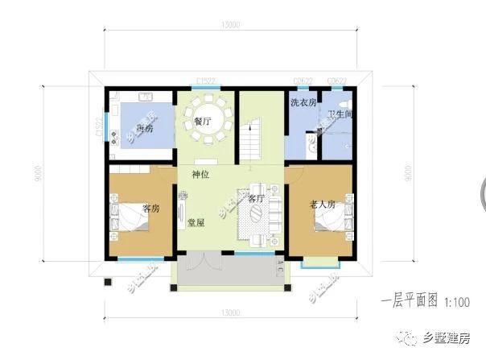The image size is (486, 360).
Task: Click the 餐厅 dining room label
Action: (203, 121)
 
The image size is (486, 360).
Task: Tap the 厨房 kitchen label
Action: (146, 129)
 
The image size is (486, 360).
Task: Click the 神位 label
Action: (201, 174)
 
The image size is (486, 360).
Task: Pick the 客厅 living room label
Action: (256, 197)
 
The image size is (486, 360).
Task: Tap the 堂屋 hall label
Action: (196, 222)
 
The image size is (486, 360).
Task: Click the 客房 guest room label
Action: (151, 208)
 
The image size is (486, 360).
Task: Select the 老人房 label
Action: (321, 205)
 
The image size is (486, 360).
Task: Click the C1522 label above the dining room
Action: (207, 81)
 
